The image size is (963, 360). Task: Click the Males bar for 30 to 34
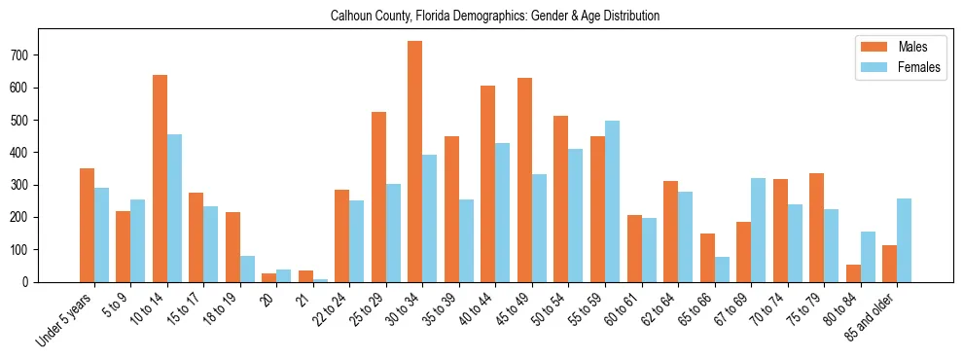(x=415, y=162)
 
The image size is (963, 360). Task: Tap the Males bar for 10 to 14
(x=160, y=178)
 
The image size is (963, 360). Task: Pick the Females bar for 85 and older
(x=904, y=240)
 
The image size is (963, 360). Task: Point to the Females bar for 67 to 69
(x=758, y=230)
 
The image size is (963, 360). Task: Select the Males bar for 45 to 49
(x=524, y=180)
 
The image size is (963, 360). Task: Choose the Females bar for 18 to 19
(x=247, y=269)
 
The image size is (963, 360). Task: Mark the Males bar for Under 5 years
(x=87, y=225)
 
